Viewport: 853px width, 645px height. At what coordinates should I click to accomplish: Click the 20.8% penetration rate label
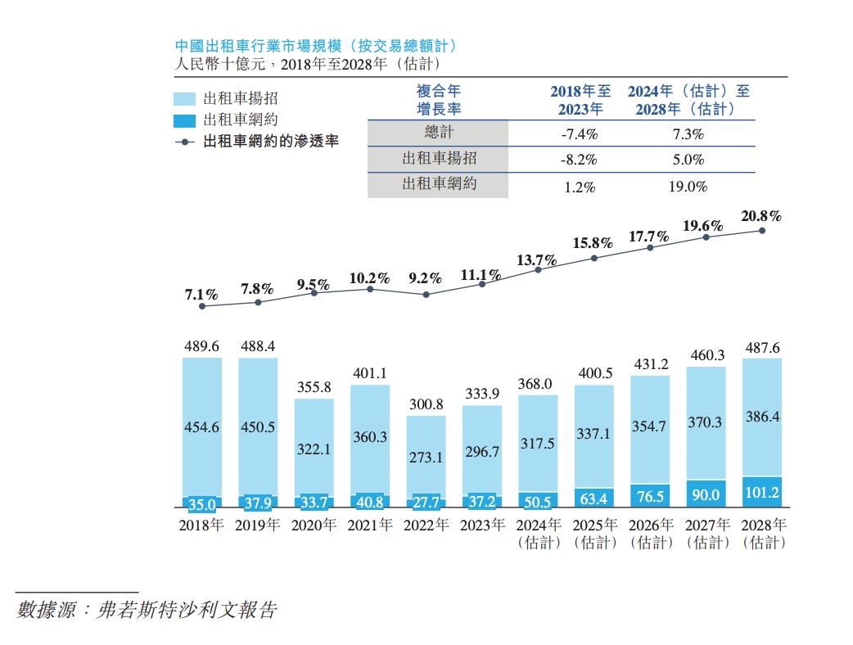click(x=761, y=217)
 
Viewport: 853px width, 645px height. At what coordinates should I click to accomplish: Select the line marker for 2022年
click(x=426, y=294)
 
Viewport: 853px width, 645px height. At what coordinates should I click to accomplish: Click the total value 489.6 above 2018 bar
click(x=201, y=347)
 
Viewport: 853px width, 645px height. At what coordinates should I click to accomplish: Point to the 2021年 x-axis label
click(x=369, y=525)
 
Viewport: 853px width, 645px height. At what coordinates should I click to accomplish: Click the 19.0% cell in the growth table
click(x=689, y=187)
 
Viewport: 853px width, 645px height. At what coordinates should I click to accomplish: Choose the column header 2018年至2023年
click(x=580, y=100)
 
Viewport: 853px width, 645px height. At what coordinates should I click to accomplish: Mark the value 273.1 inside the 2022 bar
click(x=426, y=458)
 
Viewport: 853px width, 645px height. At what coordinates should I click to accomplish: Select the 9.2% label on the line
click(x=425, y=277)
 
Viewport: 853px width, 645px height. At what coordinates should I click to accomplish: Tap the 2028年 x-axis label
click(x=762, y=525)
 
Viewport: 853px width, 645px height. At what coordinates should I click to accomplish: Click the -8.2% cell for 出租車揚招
click(x=578, y=160)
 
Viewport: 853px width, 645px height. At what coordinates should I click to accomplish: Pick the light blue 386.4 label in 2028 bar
click(x=761, y=417)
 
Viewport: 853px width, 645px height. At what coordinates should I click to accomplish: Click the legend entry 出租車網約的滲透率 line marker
click(x=187, y=142)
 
